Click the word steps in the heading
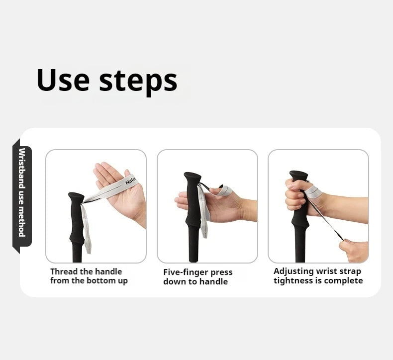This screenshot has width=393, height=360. [x=138, y=81]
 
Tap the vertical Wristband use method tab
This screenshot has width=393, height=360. [x=22, y=192]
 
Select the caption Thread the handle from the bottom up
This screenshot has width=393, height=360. [x=89, y=276]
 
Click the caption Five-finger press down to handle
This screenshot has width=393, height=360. [x=197, y=277]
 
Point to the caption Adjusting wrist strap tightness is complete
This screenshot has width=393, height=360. [x=318, y=276]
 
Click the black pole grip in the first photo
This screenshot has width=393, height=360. [x=76, y=219]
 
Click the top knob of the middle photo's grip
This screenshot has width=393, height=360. [x=193, y=178]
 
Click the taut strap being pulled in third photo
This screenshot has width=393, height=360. [x=326, y=219]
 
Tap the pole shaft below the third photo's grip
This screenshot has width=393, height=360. [x=299, y=249]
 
